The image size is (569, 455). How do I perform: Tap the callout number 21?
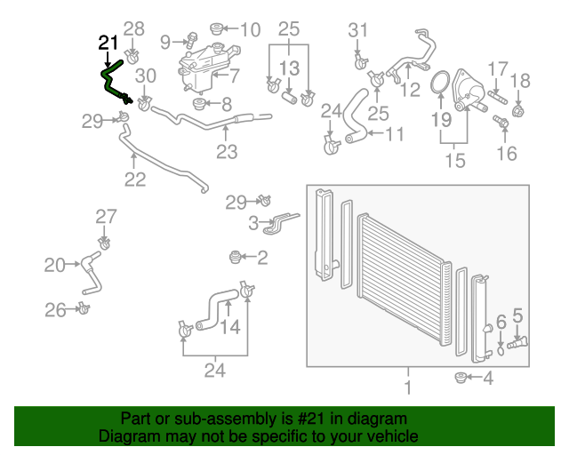pyautogui.click(x=107, y=43)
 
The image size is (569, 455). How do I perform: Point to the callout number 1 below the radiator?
pyautogui.click(x=407, y=387)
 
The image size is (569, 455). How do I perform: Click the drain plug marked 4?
pyautogui.click(x=461, y=379)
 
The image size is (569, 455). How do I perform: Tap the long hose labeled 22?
pyautogui.click(x=160, y=160)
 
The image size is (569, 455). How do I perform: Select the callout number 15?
pyautogui.click(x=454, y=161)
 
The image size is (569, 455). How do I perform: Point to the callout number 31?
pyautogui.click(x=357, y=30)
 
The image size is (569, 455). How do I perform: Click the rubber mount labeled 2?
pyautogui.click(x=236, y=258)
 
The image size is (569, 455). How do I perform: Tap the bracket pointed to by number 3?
pyautogui.click(x=280, y=221)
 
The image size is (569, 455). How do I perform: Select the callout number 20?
pyautogui.click(x=54, y=264)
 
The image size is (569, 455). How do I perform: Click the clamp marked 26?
pyautogui.click(x=84, y=308)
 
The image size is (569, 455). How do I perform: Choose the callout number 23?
pyautogui.click(x=227, y=151)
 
